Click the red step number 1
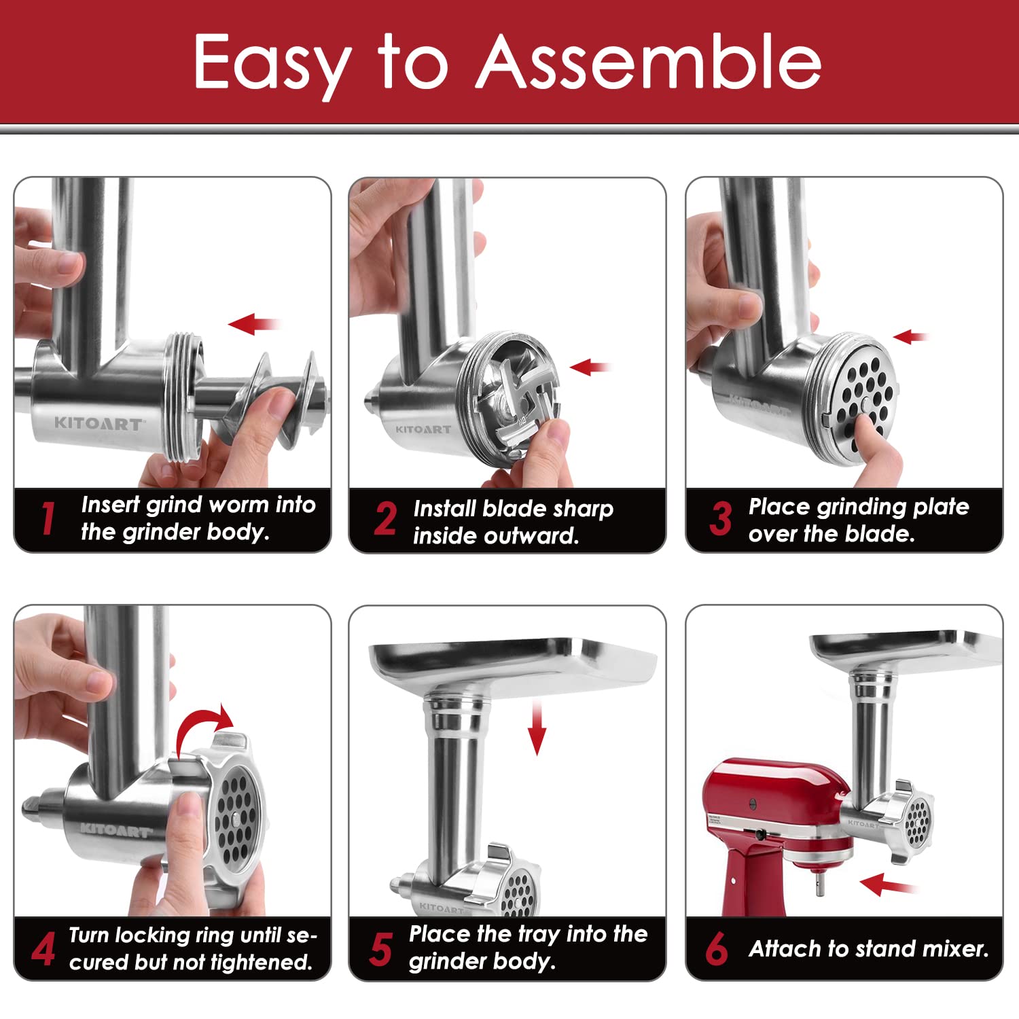(x=48, y=519)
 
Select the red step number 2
(x=385, y=520)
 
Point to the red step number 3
(x=720, y=519)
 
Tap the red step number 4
(x=43, y=949)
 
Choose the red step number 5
(x=381, y=949)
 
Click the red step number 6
(x=717, y=949)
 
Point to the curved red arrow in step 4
(x=204, y=727)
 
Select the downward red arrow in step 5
(x=537, y=728)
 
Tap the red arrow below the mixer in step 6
(x=887, y=884)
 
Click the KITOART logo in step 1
(x=99, y=424)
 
